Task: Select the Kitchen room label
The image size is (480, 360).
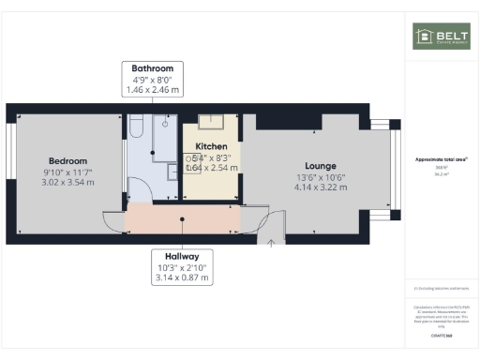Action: pos(211,147)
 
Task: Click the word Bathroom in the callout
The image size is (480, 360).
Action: pos(153,68)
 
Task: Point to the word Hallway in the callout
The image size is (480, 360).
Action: pos(184,255)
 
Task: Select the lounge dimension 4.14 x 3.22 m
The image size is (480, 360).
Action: pos(322,187)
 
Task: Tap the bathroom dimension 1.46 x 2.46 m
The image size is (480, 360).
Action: pos(153,90)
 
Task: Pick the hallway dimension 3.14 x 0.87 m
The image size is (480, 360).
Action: pos(184,277)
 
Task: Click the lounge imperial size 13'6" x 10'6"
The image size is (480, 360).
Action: pos(322,176)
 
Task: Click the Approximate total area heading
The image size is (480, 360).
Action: pos(439,160)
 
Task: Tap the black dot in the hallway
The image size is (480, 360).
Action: pos(182,220)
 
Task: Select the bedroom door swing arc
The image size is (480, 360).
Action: pos(111,221)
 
